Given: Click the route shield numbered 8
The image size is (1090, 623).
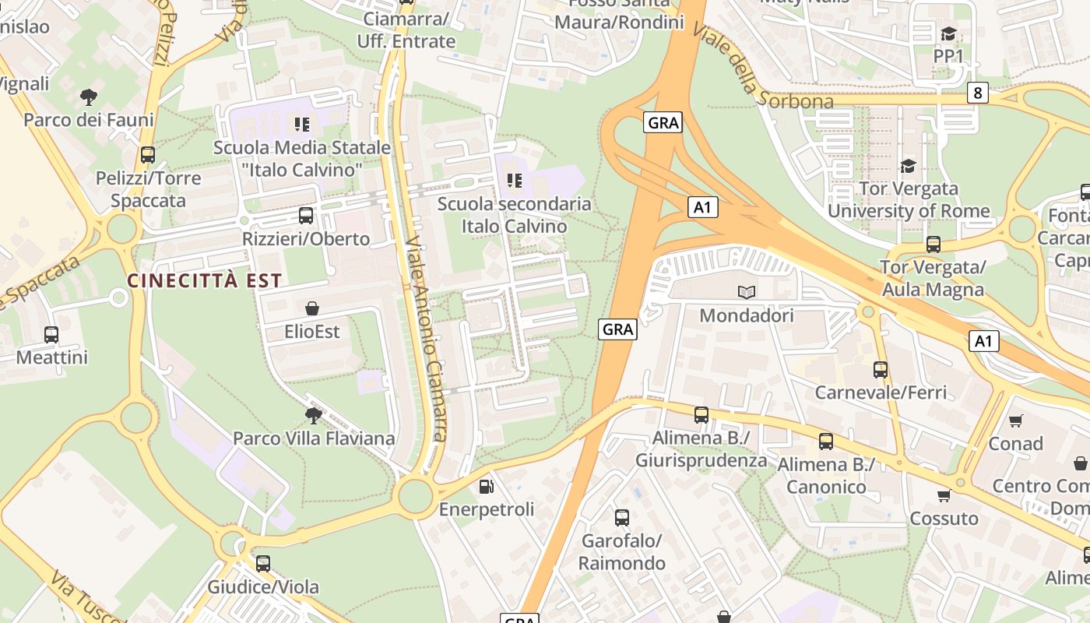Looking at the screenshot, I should [x=978, y=93].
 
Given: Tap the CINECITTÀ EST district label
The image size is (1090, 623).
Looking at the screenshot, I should [x=204, y=280].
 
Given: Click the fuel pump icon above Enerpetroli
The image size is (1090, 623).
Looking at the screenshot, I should [x=487, y=487].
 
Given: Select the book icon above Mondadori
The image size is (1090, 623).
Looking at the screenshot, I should [x=747, y=293].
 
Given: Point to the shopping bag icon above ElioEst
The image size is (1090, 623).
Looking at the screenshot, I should [x=312, y=309].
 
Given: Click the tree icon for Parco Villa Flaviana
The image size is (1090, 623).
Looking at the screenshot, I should [x=313, y=415].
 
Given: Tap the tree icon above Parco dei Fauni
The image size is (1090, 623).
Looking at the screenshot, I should [x=89, y=97].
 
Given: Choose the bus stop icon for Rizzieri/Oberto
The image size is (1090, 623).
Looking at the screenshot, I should [x=306, y=216].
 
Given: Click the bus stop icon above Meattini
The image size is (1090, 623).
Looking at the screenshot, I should [x=51, y=335].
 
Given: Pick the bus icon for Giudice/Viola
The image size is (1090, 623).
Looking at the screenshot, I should [x=263, y=564].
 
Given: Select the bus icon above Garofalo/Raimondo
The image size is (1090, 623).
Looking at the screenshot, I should [x=621, y=518].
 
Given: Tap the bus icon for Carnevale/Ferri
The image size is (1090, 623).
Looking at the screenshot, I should [x=881, y=370].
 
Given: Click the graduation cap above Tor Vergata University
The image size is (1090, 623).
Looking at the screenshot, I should [x=908, y=166].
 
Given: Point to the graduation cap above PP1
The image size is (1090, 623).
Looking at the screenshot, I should [x=948, y=33].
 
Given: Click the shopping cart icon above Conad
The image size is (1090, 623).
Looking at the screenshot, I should [x=1015, y=421].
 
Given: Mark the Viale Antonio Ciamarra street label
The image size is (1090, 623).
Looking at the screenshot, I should [x=426, y=339].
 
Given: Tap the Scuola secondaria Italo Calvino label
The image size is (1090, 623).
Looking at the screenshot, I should [x=515, y=215].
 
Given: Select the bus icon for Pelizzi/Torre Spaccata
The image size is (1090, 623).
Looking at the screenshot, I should [x=148, y=155].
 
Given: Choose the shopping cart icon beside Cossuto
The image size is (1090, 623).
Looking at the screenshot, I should [x=944, y=496].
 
